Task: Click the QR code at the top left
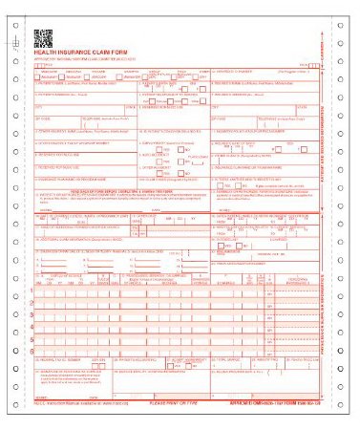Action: point(44,38)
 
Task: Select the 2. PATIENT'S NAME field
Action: point(67,83)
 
